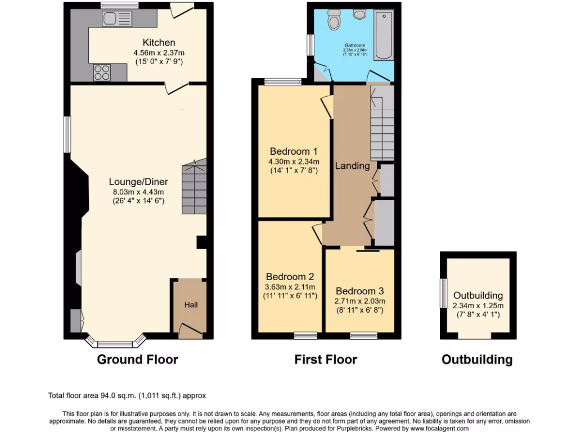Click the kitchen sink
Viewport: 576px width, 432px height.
pyautogui.click(x=117, y=19)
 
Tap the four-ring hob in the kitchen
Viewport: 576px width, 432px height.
pyautogui.click(x=102, y=73)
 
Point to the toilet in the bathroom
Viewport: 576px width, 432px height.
pyautogui.click(x=335, y=21)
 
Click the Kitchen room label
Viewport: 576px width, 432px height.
pyautogui.click(x=159, y=43)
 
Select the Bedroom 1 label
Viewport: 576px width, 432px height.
pyautogui.click(x=294, y=151)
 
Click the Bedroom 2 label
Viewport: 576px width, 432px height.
pyautogui.click(x=290, y=277)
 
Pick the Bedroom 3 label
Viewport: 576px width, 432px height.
pyautogui.click(x=359, y=291)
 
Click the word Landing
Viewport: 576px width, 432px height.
pyautogui.click(x=352, y=166)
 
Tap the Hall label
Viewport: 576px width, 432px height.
pyautogui.click(x=191, y=305)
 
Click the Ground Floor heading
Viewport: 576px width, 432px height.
pyautogui.click(x=138, y=359)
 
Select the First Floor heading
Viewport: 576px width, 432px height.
pyautogui.click(x=326, y=359)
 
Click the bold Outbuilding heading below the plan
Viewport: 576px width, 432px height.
pyautogui.click(x=477, y=359)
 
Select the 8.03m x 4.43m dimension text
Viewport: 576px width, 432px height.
pyautogui.click(x=138, y=192)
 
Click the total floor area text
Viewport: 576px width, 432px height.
pyautogui.click(x=131, y=396)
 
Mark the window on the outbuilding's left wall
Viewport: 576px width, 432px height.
pyautogui.click(x=443, y=294)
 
